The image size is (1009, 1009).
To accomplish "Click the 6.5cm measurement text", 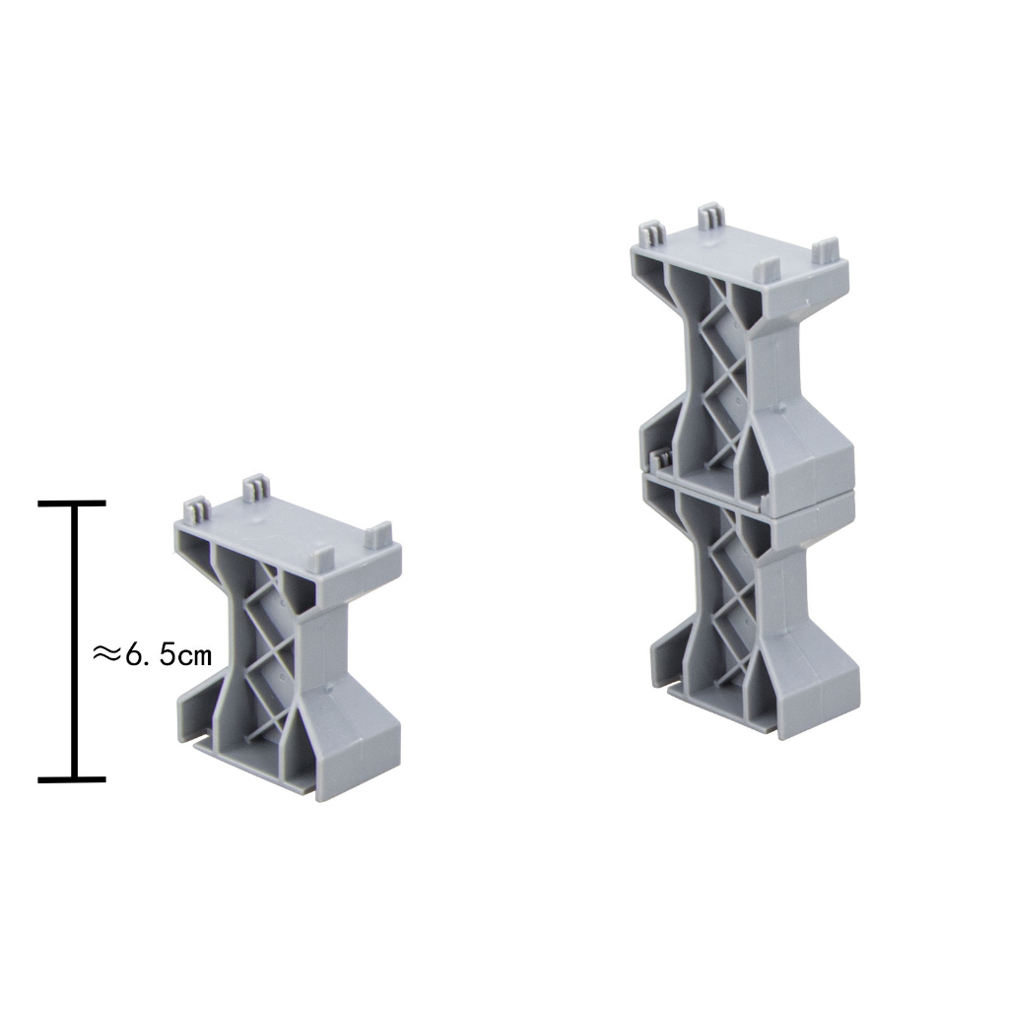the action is click(x=168, y=655).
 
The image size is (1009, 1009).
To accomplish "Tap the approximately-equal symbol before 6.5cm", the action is click(x=106, y=654).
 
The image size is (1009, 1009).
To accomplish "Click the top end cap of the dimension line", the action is click(x=71, y=504).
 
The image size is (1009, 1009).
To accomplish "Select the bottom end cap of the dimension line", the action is click(x=71, y=779).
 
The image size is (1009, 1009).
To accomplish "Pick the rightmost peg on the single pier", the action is click(x=378, y=535).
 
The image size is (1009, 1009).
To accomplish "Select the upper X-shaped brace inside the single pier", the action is click(x=270, y=602).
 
